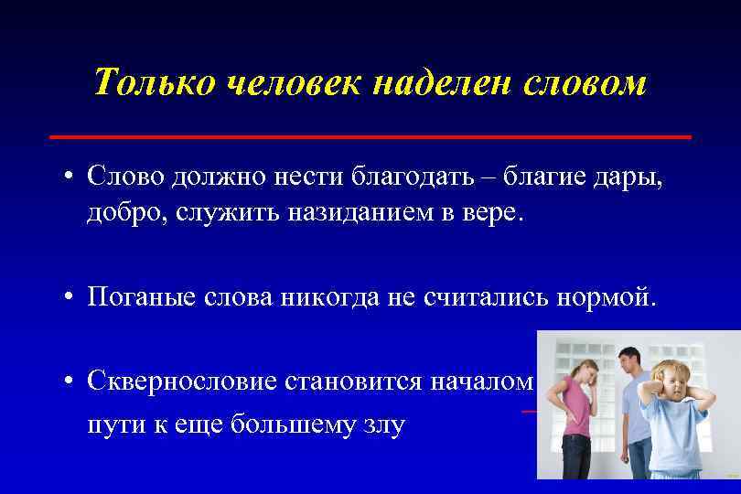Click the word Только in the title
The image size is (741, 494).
(x=152, y=83)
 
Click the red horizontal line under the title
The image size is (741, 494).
(x=370, y=136)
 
